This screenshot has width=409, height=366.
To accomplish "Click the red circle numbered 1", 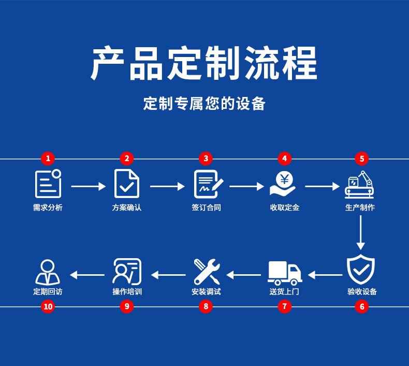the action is [x=48, y=158].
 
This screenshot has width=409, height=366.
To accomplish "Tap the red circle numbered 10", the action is [x=48, y=306].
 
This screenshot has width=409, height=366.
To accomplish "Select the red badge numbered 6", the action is [x=362, y=306].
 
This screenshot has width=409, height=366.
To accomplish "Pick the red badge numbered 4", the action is [x=284, y=158].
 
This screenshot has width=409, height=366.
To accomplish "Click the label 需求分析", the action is [x=48, y=207].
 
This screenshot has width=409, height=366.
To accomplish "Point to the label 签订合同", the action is [x=206, y=207].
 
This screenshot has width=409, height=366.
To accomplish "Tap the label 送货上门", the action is [x=284, y=291].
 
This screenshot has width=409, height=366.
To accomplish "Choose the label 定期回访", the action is [x=48, y=291].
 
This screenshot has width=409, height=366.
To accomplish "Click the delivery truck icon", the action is [x=285, y=273].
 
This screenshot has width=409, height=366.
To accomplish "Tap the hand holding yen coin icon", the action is [x=283, y=184].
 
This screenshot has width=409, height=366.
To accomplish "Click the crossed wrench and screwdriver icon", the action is [x=207, y=272].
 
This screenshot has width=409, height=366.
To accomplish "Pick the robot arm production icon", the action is [x=359, y=185].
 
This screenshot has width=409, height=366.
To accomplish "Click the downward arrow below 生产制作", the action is [x=360, y=232].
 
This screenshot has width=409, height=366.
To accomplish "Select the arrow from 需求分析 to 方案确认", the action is [x=89, y=186].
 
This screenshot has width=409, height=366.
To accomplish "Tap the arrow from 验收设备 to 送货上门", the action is [x=325, y=275].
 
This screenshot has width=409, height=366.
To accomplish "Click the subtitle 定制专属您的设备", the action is [x=204, y=103].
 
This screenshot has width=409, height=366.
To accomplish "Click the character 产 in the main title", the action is [x=108, y=63].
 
